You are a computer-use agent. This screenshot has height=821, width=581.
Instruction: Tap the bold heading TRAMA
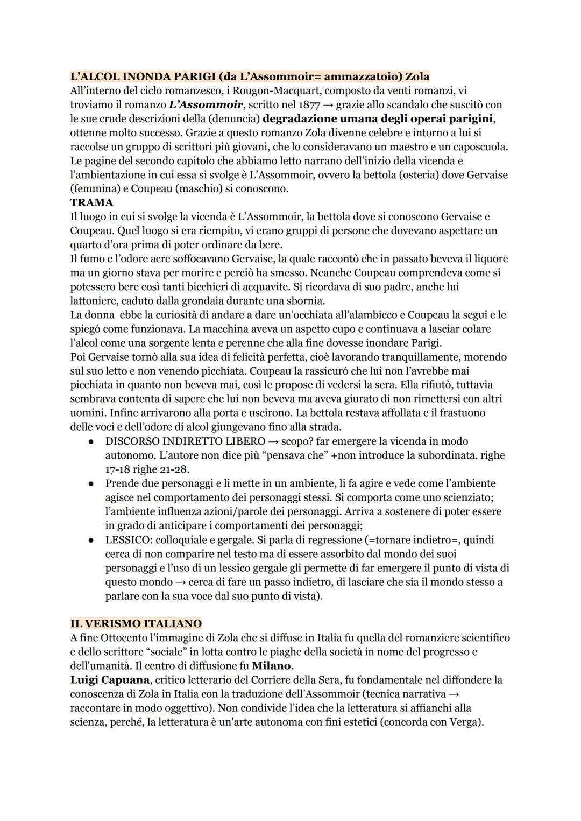click(x=91, y=202)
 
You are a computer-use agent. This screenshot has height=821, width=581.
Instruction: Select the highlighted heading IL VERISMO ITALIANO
click(x=136, y=623)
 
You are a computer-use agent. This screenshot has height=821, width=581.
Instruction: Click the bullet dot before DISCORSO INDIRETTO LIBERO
click(x=92, y=441)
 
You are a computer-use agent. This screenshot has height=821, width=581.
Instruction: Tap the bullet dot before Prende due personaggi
click(x=92, y=483)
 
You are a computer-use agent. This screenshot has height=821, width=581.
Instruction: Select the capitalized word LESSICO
click(x=127, y=539)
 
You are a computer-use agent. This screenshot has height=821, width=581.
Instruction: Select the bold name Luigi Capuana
click(x=110, y=679)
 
